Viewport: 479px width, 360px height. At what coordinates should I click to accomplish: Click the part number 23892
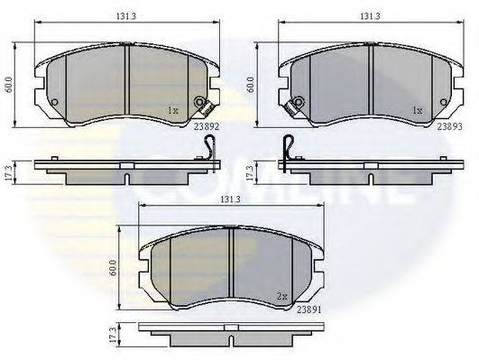pyautogui.click(x=206, y=127)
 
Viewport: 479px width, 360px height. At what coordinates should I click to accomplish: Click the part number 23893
pyautogui.click(x=451, y=127)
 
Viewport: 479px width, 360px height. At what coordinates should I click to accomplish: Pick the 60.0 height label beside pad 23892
pyautogui.click(x=9, y=85)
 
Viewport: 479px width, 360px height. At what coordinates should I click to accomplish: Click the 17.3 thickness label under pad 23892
pyautogui.click(x=9, y=171)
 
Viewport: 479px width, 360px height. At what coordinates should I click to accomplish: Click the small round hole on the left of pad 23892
pyautogui.click(x=54, y=102)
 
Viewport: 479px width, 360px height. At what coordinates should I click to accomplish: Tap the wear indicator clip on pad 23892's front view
pyautogui.click(x=204, y=105)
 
